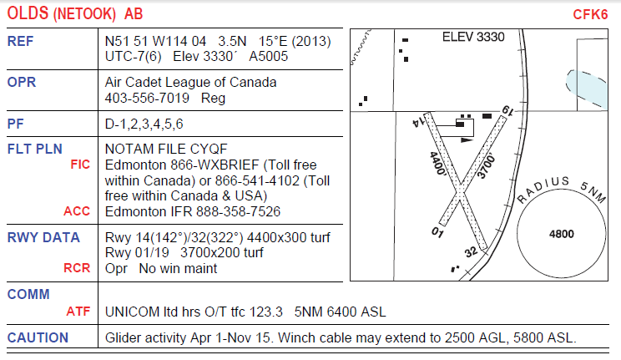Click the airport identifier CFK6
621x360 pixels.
click(x=590, y=15)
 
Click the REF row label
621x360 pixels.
click(x=20, y=41)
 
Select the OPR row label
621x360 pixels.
click(x=22, y=82)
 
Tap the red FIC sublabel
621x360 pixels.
click(x=80, y=165)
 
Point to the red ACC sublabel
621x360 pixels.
click(x=77, y=211)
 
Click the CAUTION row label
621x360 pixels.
click(x=38, y=337)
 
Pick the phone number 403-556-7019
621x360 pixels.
click(x=147, y=98)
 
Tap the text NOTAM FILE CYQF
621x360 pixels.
click(x=166, y=149)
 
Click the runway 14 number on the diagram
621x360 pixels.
click(x=418, y=121)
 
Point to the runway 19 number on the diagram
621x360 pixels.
click(x=507, y=110)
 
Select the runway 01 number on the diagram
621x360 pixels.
click(x=437, y=231)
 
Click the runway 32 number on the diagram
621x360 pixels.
click(x=471, y=251)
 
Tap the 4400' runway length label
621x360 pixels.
click(x=438, y=164)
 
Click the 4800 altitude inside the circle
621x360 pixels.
click(x=561, y=234)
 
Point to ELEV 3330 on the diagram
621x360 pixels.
click(x=473, y=37)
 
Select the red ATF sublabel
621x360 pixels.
click(x=78, y=312)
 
